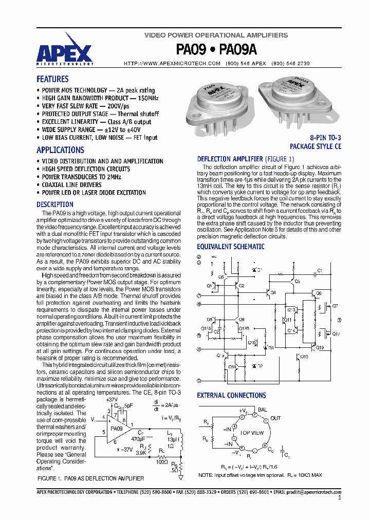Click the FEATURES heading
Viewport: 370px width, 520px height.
click(52, 79)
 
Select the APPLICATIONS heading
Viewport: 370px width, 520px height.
click(60, 150)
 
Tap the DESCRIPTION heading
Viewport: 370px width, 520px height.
click(55, 205)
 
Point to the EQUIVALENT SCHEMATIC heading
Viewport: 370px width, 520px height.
click(231, 247)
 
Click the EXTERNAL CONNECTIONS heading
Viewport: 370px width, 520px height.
click(231, 395)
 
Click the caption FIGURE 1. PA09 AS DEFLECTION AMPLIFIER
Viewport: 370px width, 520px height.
click(91, 478)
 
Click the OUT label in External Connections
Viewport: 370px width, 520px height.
click(276, 418)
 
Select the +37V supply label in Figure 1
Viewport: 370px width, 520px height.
click(112, 399)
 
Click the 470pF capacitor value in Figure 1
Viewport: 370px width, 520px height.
click(137, 439)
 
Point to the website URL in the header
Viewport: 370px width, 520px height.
click(172, 63)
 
